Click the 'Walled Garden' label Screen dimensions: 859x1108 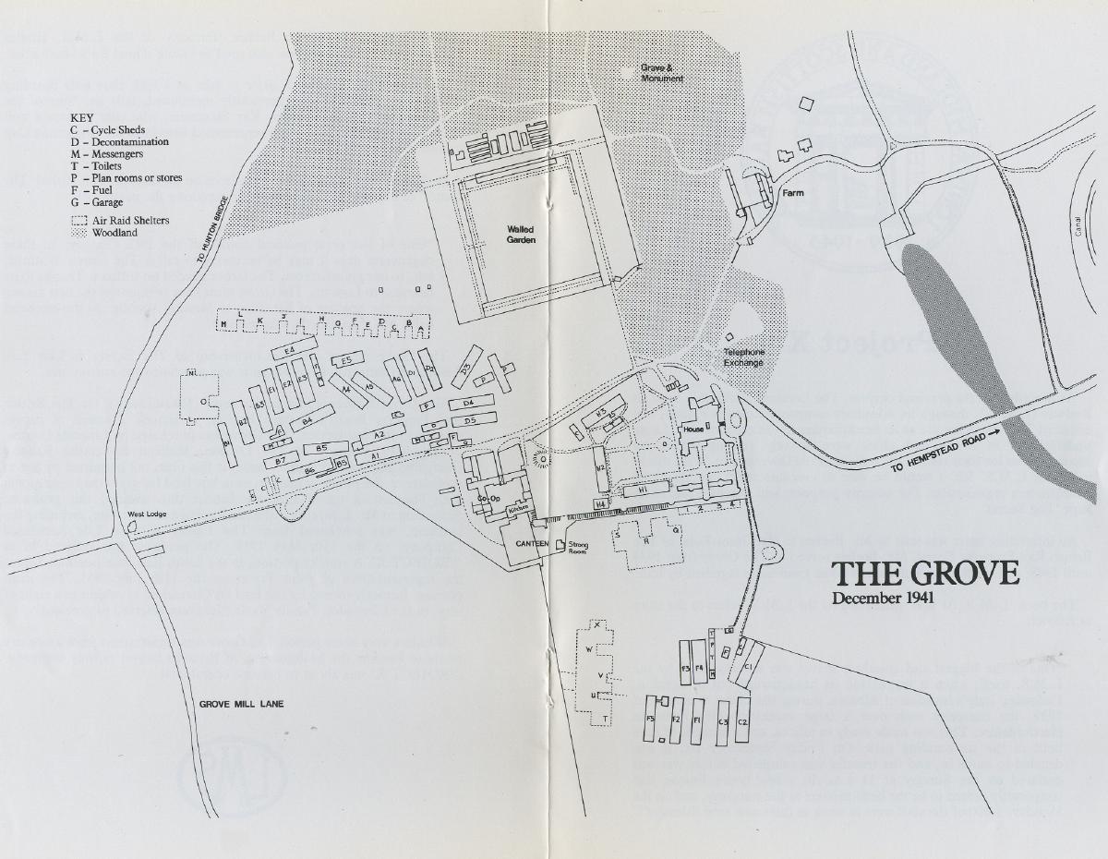[520, 234]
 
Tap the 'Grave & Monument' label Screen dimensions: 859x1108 [663, 73]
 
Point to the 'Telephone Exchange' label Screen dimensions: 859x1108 [744, 357]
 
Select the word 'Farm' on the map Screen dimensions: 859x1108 [792, 193]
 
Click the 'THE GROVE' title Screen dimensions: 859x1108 [925, 574]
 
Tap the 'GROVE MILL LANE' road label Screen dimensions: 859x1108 [242, 704]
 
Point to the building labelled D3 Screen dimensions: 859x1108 [466, 367]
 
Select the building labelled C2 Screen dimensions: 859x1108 [742, 719]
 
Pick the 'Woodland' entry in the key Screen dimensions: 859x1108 [114, 234]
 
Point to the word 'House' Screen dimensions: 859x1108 [692, 429]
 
